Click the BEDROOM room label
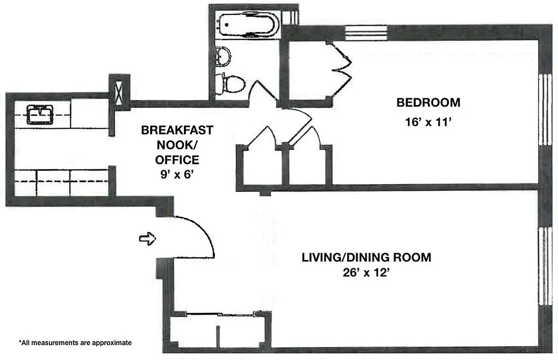428,103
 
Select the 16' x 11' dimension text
428,122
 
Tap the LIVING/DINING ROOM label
366,257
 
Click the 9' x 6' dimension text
177,175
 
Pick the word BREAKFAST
177,130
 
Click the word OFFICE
177,160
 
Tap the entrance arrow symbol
147,239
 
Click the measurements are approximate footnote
75,343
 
